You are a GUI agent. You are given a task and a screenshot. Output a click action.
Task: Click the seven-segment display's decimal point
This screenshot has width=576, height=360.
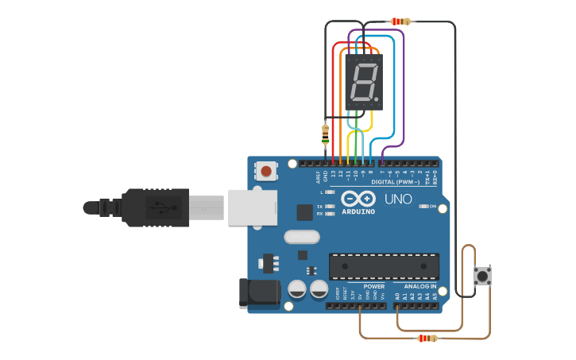376,100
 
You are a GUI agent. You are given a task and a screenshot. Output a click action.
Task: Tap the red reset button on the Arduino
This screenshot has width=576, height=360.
266,171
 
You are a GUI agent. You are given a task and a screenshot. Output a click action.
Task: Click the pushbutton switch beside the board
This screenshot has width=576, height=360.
482,276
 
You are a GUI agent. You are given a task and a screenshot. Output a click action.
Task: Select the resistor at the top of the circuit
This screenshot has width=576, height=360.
401,21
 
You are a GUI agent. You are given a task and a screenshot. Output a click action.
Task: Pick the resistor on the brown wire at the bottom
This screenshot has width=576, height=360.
427,338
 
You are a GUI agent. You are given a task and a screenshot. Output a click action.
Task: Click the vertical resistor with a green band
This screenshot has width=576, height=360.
325,135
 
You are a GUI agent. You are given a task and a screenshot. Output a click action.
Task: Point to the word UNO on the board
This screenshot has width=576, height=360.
398,199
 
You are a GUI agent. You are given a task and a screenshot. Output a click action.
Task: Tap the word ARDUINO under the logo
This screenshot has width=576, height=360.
358,211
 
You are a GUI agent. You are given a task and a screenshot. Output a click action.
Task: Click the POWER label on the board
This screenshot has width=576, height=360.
373,286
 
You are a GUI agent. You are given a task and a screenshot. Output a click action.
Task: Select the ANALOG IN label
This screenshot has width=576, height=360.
420,286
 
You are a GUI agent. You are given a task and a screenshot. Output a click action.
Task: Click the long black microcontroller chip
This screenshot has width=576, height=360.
384,266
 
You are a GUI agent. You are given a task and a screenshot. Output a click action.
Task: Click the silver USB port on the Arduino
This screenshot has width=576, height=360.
252,207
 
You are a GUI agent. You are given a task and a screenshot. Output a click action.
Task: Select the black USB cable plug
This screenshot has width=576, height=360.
156,207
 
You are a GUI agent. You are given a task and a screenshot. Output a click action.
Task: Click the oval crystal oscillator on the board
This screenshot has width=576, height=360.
302,236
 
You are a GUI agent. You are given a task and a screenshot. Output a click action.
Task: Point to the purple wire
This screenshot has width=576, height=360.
404,87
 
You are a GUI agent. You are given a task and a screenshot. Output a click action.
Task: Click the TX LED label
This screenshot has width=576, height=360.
319,205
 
